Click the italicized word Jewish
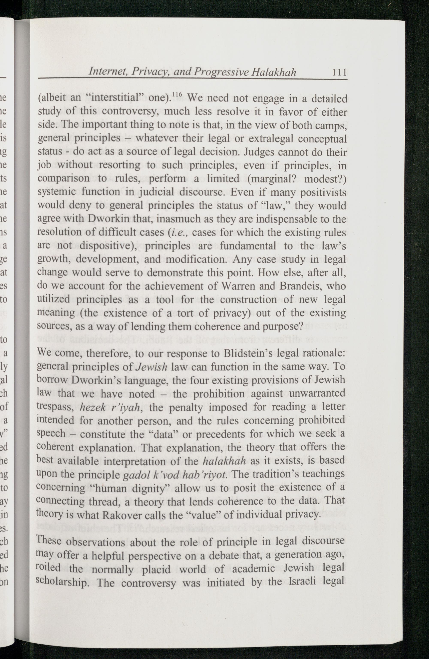click(152, 367)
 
